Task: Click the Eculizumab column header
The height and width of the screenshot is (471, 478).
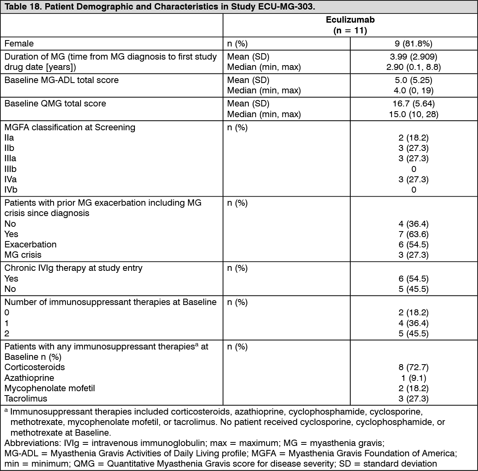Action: pyautogui.click(x=350, y=20)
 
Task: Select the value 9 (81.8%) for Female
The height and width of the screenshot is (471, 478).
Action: pyautogui.click(x=413, y=44)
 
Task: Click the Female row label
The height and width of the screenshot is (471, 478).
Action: pyautogui.click(x=19, y=44)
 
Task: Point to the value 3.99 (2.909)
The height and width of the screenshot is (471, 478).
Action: pyautogui.click(x=413, y=57)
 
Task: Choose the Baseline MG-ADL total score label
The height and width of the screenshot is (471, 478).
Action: pyautogui.click(x=61, y=80)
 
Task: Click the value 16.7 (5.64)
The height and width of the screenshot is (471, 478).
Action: pyautogui.click(x=413, y=104)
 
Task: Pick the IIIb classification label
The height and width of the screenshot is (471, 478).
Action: pyautogui.click(x=10, y=169)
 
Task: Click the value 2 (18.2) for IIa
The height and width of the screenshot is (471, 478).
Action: pyautogui.click(x=413, y=138)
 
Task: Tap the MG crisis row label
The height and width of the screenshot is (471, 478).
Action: pyautogui.click(x=23, y=255)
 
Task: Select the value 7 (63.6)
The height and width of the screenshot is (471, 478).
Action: pyautogui.click(x=413, y=234)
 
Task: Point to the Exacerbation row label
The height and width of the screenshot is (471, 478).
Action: pyautogui.click(x=31, y=244)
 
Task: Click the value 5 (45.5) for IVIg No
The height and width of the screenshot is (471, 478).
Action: pyautogui.click(x=413, y=289)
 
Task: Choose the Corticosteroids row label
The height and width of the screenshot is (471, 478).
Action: pyautogui.click(x=35, y=367)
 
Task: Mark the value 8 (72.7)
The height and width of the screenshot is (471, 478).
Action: pyautogui.click(x=413, y=367)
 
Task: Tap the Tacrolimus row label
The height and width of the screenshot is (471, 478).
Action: pyautogui.click(x=26, y=398)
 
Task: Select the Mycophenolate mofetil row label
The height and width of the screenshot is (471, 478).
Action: pyautogui.click(x=50, y=388)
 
